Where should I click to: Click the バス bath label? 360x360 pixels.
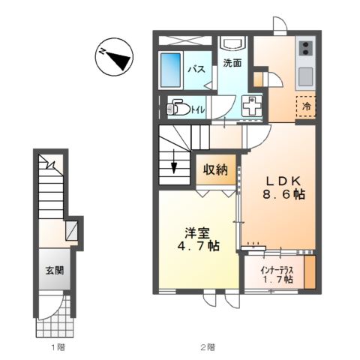click(x=196, y=70)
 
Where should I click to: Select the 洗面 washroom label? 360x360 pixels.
click(x=232, y=63)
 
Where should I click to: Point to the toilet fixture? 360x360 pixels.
click(x=178, y=108)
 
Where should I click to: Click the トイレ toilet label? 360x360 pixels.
click(x=199, y=109)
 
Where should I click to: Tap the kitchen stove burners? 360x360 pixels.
click(x=306, y=49)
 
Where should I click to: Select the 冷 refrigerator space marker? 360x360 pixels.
click(x=306, y=106)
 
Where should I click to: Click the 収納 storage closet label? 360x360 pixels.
click(x=216, y=170)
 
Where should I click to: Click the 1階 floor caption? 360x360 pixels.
click(x=57, y=347)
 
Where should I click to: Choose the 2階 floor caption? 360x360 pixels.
click(x=208, y=347)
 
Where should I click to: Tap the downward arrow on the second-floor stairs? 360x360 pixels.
click(x=174, y=162)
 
